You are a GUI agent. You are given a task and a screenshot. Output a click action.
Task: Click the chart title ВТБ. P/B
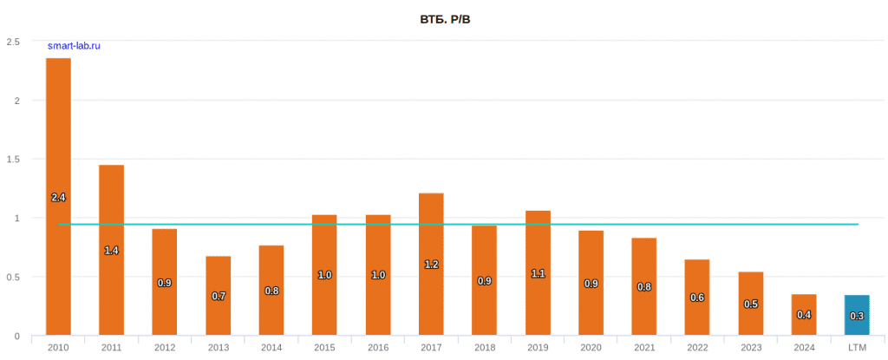[x=444, y=18]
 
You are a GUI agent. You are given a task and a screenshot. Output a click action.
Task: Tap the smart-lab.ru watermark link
[x=74, y=46]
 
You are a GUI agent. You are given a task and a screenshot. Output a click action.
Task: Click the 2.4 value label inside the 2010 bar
[x=58, y=198]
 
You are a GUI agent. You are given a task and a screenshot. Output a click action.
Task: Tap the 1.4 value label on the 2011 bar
[x=112, y=250]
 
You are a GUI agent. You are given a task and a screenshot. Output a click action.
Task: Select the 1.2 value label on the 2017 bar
[x=431, y=265]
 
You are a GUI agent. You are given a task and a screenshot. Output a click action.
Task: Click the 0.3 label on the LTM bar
[x=857, y=317]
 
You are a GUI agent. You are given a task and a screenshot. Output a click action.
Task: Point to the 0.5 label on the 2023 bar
[x=751, y=304]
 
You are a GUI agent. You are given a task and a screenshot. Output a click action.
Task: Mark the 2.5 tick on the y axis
[x=12, y=42]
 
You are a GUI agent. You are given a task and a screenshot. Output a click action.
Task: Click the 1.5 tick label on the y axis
[x=12, y=160]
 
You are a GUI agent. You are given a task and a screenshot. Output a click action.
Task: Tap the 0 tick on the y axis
[x=16, y=336]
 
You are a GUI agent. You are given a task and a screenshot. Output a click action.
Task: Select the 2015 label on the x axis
[x=325, y=348]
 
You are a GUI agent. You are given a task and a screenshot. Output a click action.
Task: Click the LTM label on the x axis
[x=857, y=348]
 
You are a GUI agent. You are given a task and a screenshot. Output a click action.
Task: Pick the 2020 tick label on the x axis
[x=591, y=348]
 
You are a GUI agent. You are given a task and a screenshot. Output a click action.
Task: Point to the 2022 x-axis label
[x=697, y=348]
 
